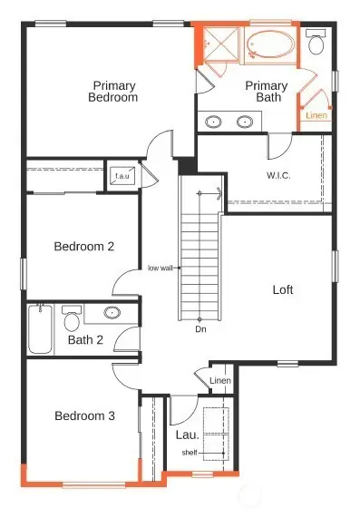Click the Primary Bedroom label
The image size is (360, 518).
(114, 91)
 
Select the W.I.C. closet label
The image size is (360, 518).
(277, 175)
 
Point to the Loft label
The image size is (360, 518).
(283, 290)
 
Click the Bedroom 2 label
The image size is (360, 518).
(83, 246)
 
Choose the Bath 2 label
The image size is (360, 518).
(86, 341)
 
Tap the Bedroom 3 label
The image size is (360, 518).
(84, 416)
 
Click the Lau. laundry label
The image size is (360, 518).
(188, 435)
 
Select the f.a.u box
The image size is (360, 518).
(121, 176)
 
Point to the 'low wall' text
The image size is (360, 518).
(161, 269)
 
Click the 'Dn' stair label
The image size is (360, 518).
(199, 329)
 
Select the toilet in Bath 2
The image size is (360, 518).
(72, 319)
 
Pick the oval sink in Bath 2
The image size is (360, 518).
(112, 314)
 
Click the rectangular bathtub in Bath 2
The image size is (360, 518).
(40, 329)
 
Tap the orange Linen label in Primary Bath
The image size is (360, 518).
(316, 116)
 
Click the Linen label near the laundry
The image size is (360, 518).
(220, 380)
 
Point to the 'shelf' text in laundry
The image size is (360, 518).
(190, 453)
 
